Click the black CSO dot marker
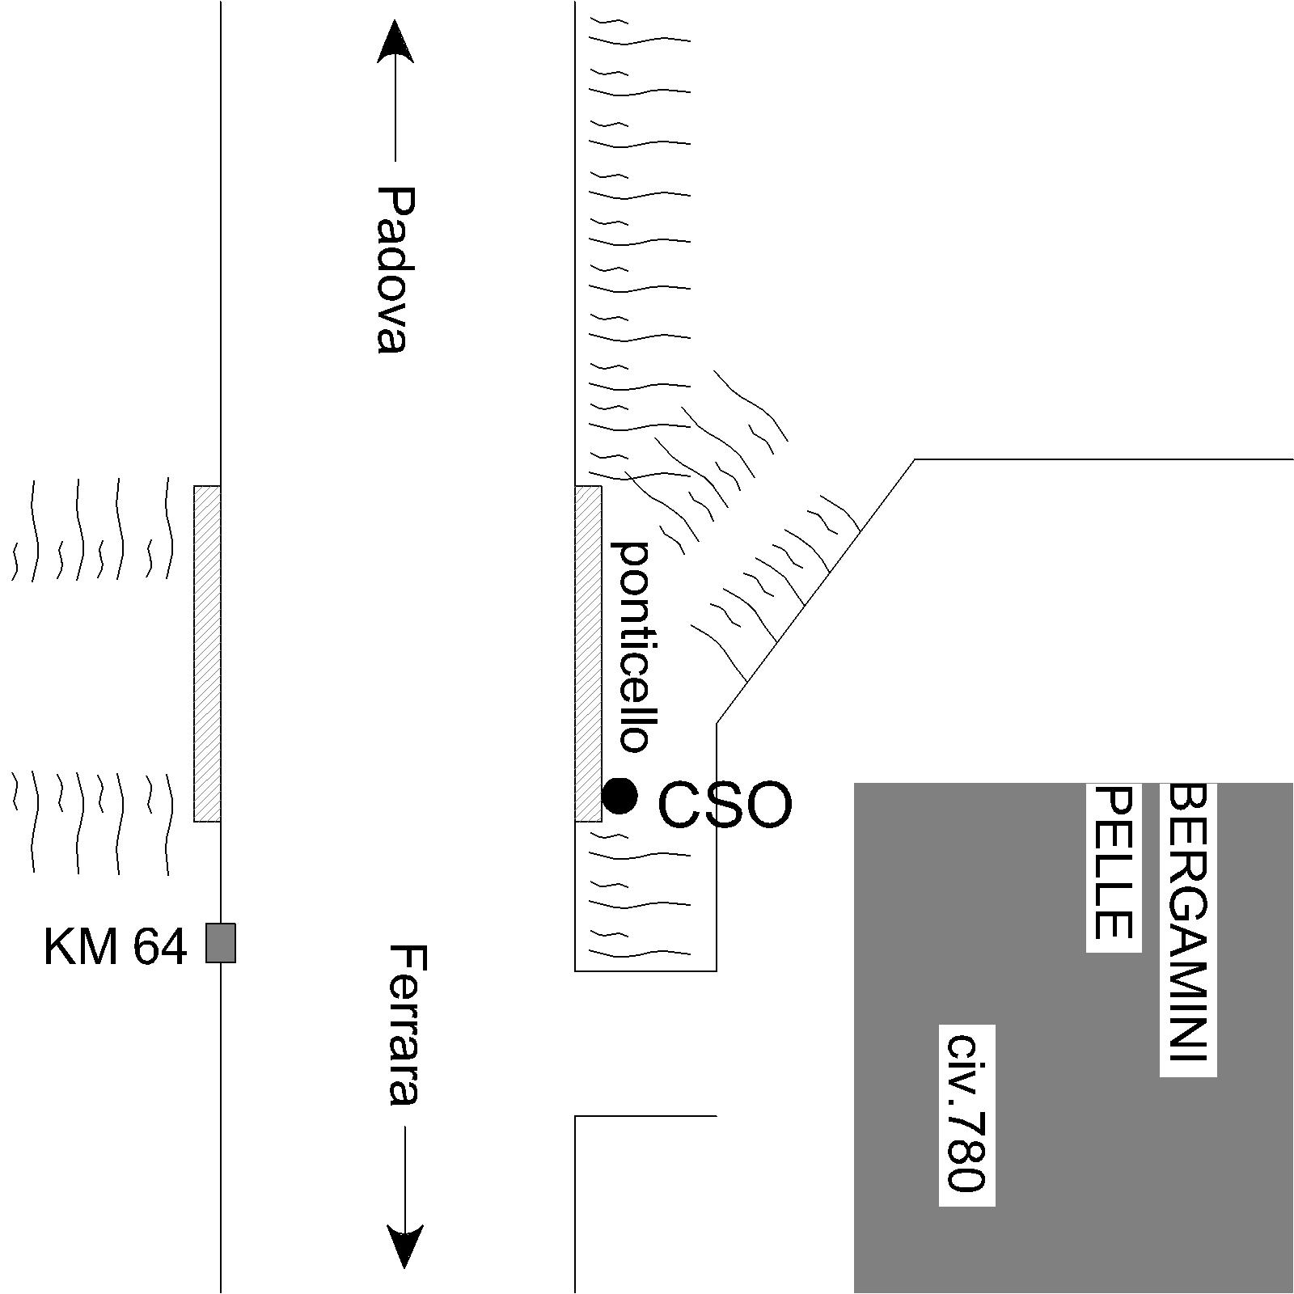tap(620, 796)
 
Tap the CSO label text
tap(725, 806)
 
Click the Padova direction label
tap(396, 269)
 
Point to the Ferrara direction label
tap(403, 1024)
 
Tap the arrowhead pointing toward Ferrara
tap(404, 1246)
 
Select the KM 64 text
tap(115, 946)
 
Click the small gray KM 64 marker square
tap(221, 943)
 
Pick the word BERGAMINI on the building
tap(1188, 921)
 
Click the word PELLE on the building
tap(1113, 863)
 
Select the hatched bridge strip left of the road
tap(207, 653)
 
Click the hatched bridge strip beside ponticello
tap(588, 653)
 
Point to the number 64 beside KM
tap(160, 946)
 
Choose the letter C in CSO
tap(682, 806)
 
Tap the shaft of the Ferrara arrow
tap(404, 1173)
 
